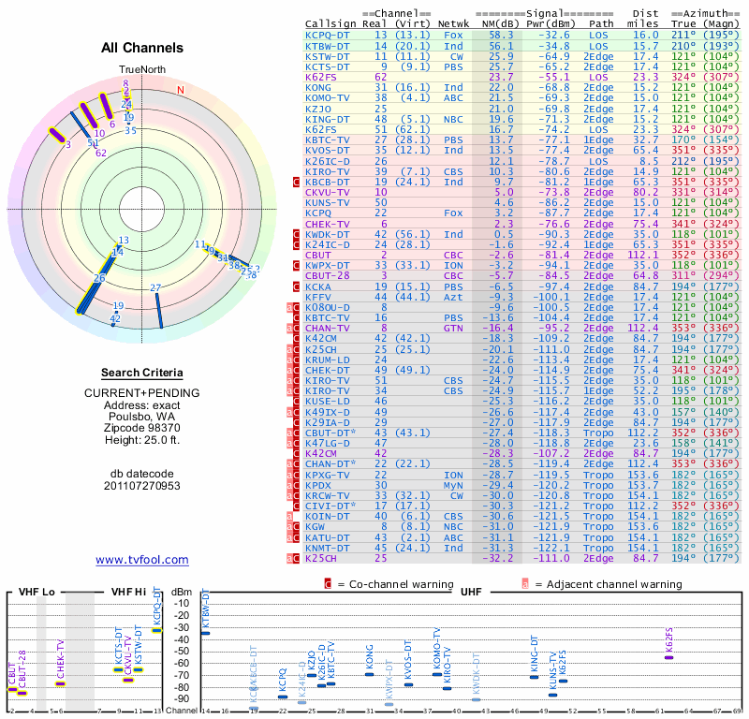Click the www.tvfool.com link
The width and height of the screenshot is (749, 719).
coord(142,560)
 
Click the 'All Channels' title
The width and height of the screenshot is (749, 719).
coord(142,48)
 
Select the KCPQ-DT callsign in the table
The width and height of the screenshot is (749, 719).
coord(328,34)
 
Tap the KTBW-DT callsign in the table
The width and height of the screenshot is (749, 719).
coord(328,45)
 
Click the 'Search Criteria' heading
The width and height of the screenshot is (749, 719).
coord(142,373)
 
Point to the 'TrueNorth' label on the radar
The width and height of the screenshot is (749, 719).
coord(141,69)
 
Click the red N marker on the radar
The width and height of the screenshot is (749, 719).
coord(181,90)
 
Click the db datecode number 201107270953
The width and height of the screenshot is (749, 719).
coord(142,486)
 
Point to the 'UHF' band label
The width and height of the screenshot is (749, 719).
coord(470,593)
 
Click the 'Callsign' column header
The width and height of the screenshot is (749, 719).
coord(331,22)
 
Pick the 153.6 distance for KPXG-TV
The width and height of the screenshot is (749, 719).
coord(648,476)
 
